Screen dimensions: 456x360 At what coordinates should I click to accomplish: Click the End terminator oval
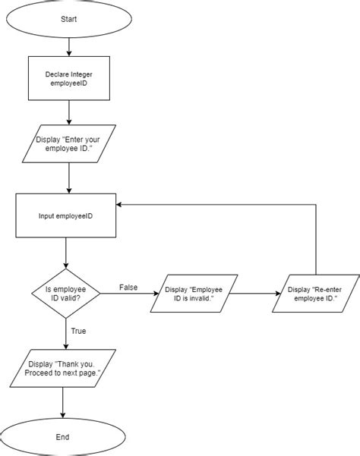click(62, 437)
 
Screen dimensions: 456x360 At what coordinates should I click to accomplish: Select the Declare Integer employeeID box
click(68, 79)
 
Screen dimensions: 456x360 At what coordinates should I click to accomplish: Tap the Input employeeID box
click(66, 215)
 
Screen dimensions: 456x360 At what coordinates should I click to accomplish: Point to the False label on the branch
click(128, 287)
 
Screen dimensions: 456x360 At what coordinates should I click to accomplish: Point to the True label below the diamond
click(77, 330)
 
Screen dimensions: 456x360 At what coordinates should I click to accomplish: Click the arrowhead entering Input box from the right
click(120, 204)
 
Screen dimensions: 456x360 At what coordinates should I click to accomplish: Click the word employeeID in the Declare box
click(68, 84)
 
